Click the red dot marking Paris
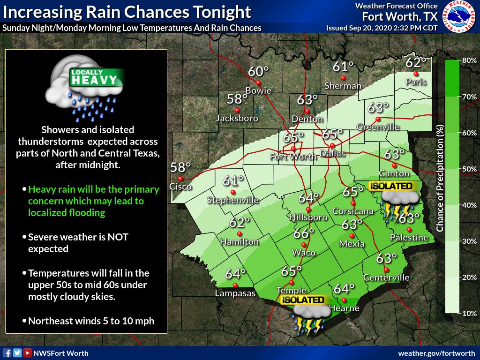click(416, 74)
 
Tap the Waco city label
click(303, 253)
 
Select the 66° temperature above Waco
click(304, 233)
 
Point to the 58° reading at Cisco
click(180, 167)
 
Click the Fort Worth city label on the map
click(293, 157)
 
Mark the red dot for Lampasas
click(235, 285)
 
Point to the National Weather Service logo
click(459, 16)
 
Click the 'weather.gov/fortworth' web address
click(436, 353)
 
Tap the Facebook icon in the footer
click(7, 353)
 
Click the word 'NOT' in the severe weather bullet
click(119, 237)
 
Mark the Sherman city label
click(343, 86)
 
